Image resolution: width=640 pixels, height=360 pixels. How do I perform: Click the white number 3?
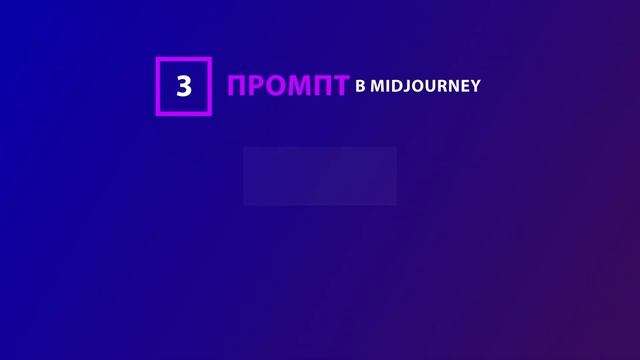(x=184, y=86)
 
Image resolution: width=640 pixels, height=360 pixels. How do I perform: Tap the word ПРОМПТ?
(x=288, y=86)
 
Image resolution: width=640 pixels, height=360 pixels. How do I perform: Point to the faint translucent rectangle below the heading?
(x=320, y=176)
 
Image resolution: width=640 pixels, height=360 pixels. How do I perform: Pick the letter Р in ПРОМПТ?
(x=258, y=86)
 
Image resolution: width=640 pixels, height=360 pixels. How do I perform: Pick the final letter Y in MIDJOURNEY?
(x=476, y=86)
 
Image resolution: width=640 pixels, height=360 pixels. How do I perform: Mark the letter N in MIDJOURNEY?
(x=454, y=86)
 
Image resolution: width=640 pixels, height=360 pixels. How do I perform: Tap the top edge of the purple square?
(x=184, y=60)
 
